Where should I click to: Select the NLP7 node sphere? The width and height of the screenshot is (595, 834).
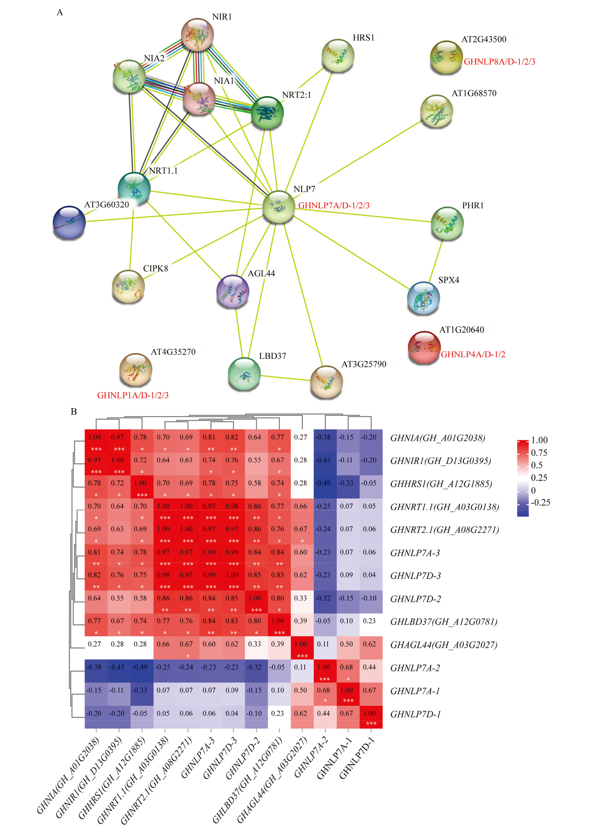click(279, 207)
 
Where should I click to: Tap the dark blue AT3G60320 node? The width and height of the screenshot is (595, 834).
click(69, 223)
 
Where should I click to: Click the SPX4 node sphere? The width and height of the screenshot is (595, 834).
click(424, 298)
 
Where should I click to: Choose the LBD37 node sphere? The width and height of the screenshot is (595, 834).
click(244, 373)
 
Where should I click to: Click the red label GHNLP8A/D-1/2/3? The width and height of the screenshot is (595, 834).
click(499, 61)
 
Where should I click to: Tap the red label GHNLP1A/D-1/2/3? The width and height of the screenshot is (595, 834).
click(133, 395)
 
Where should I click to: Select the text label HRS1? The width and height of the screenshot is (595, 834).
click(364, 38)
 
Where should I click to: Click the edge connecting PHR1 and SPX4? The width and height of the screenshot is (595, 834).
click(436, 260)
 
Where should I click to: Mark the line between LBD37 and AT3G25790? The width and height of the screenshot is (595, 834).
click(285, 378)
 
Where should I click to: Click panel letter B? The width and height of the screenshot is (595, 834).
click(74, 411)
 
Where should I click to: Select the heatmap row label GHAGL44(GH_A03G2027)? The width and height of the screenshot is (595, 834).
click(444, 645)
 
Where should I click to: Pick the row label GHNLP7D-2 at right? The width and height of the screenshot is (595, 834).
click(415, 599)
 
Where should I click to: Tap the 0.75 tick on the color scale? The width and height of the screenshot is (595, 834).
click(539, 453)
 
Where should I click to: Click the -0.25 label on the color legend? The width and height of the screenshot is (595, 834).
click(540, 503)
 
